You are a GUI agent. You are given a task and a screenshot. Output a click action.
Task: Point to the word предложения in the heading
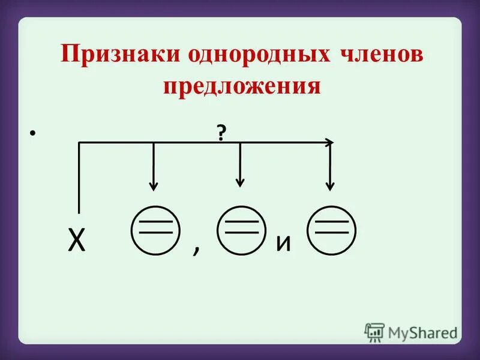tap(240, 86)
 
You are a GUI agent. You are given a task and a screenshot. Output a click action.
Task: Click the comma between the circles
tap(196, 248)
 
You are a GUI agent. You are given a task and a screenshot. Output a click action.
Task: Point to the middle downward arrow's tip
tap(240, 185)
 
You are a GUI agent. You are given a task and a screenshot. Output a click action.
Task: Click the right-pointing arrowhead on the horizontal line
tap(331, 142)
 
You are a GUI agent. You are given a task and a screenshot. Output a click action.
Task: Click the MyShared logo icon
tap(374, 331)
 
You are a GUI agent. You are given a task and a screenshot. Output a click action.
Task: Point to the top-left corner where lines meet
tap(79, 143)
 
